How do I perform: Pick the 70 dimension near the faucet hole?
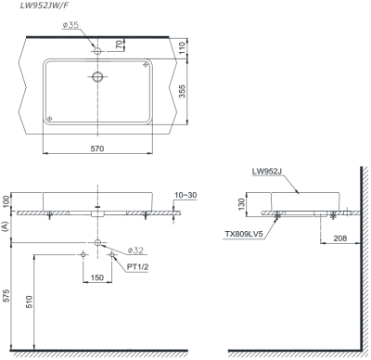(120, 45)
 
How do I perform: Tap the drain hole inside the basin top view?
(96, 76)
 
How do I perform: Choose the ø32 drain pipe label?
(135, 251)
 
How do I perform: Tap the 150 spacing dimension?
(96, 276)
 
